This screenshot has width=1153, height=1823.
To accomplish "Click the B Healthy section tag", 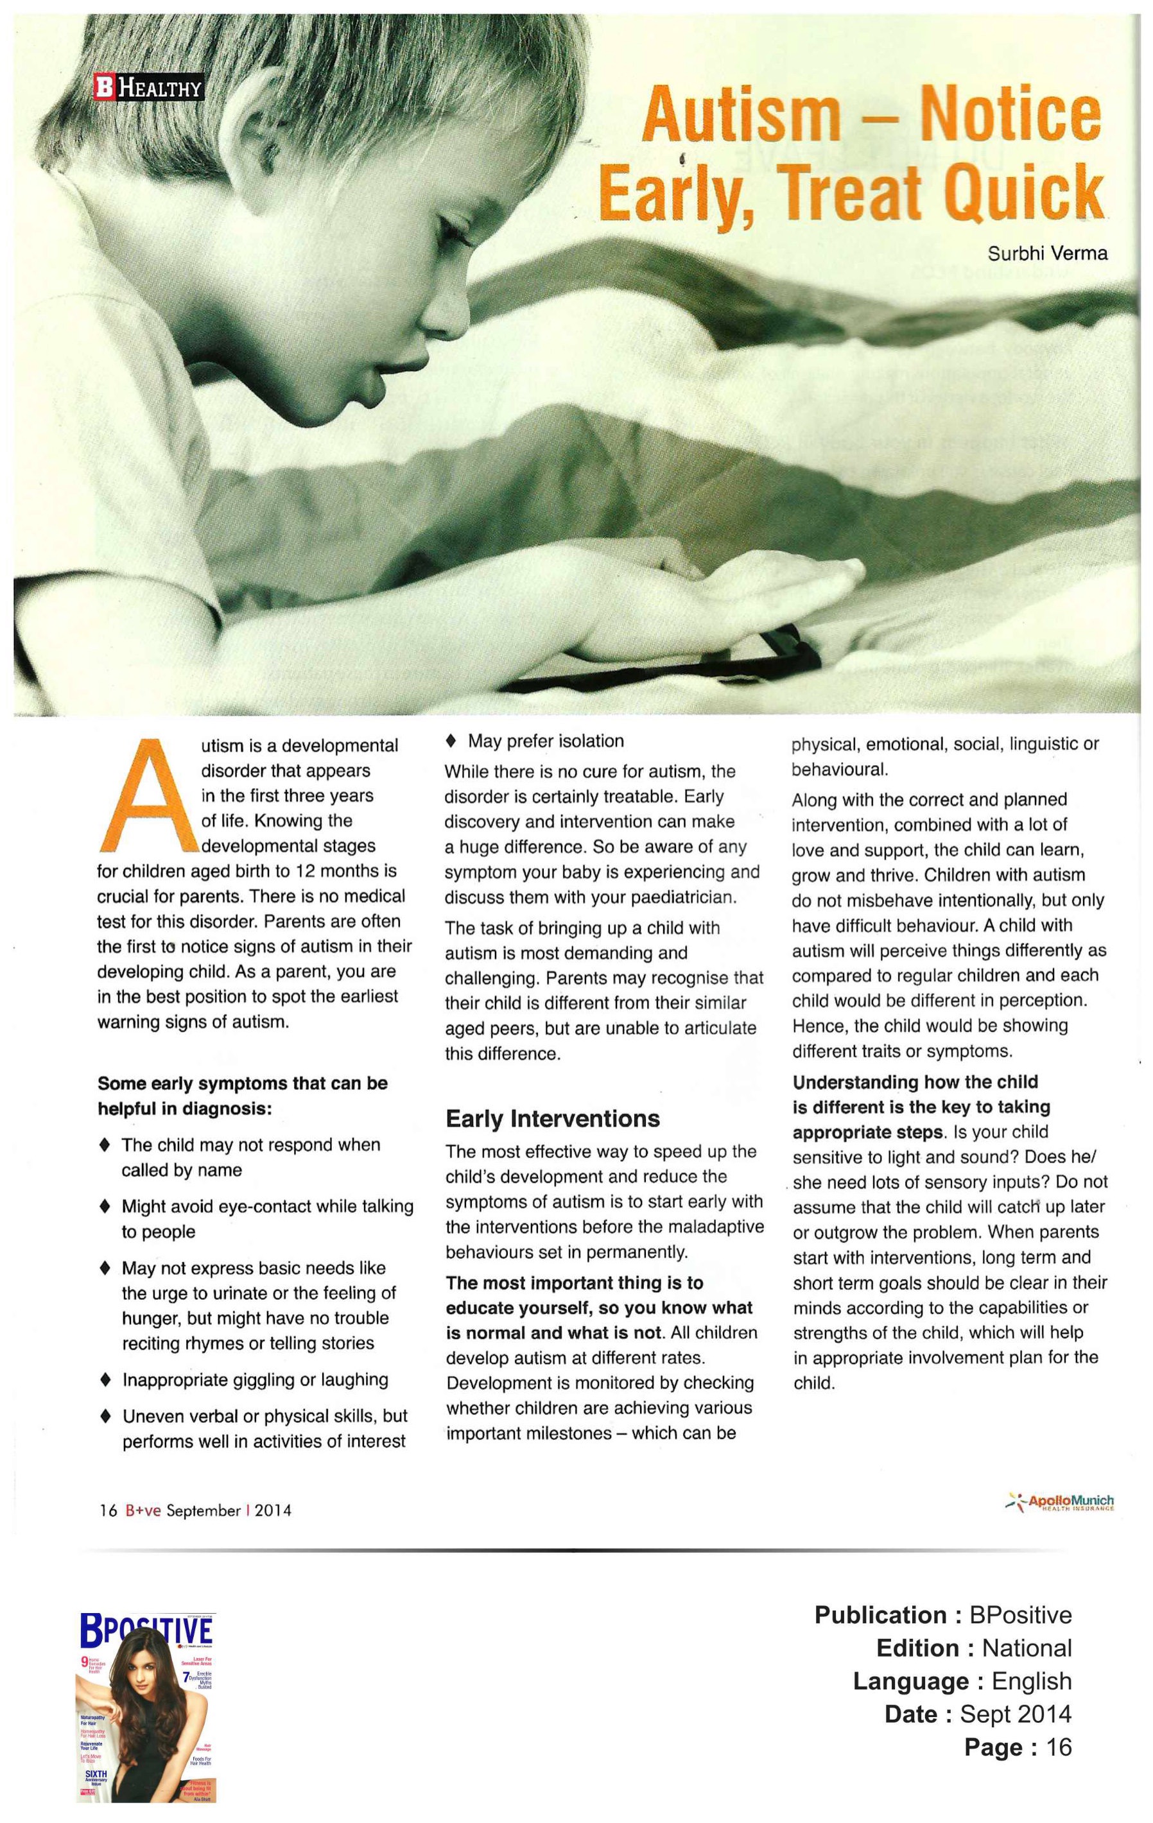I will point(148,88).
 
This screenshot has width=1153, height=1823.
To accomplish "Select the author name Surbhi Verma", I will point(1047,254).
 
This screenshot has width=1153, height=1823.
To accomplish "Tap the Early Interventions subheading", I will point(553,1118).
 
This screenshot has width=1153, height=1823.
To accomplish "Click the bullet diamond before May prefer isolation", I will point(451,739).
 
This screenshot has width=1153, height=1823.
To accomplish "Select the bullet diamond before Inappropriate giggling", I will point(105,1380).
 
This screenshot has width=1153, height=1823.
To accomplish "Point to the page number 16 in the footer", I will point(108,1510).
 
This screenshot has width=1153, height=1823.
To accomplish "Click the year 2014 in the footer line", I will point(273,1510).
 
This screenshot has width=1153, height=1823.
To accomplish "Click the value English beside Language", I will point(1031,1680).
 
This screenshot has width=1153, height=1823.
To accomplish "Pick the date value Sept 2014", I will point(1015,1713).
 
